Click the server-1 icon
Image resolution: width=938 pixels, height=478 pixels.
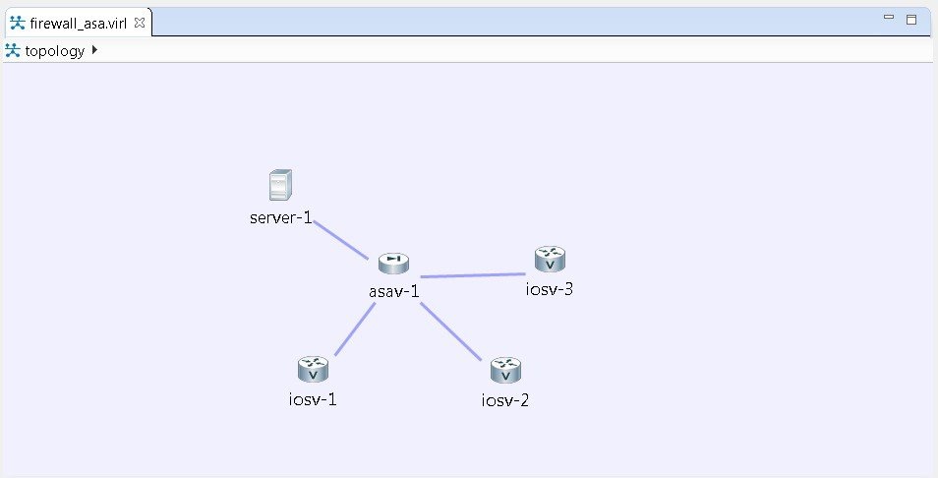(x=281, y=185)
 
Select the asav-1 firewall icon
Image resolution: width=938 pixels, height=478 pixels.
(x=392, y=262)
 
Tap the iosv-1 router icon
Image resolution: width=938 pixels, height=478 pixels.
(x=313, y=370)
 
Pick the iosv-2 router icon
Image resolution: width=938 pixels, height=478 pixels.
(x=505, y=371)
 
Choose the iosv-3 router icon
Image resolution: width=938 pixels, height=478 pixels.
(x=550, y=260)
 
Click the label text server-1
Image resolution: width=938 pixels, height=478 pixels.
(x=280, y=217)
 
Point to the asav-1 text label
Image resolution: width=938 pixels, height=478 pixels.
(x=393, y=291)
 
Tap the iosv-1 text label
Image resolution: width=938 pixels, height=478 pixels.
(x=313, y=398)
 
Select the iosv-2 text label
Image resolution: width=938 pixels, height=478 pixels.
(x=505, y=400)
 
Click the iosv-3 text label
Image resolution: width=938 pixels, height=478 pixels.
(x=550, y=289)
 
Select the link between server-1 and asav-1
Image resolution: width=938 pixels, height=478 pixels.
(x=340, y=240)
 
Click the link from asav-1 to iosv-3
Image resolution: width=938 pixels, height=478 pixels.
(x=472, y=275)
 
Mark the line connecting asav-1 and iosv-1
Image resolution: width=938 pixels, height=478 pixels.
(x=355, y=329)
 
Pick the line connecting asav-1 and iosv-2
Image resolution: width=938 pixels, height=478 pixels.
(x=451, y=330)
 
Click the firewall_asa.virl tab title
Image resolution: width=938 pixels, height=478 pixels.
(x=79, y=23)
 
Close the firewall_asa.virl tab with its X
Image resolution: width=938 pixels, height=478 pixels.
(x=139, y=23)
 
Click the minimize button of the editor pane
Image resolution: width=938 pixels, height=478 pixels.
(x=889, y=18)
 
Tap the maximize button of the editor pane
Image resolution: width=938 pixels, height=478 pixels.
(x=911, y=19)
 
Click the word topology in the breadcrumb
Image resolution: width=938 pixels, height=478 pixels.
(x=55, y=51)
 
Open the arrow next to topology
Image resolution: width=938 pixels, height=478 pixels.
(x=94, y=50)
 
